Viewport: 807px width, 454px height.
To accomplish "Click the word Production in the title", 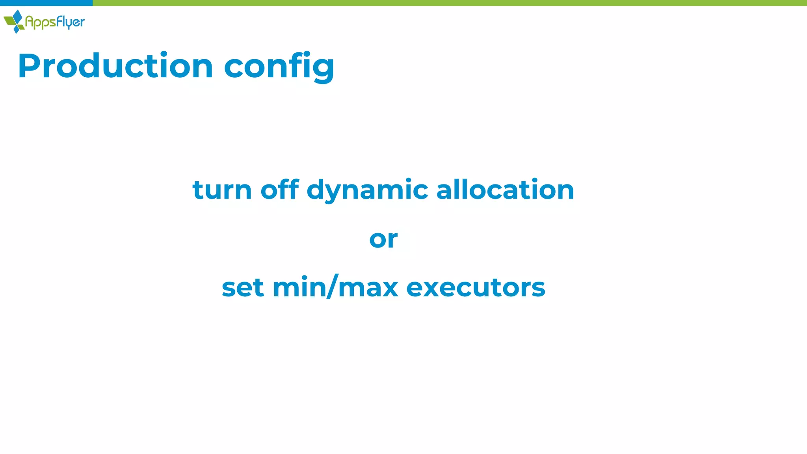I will [x=115, y=66].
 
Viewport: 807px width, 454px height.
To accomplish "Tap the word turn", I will [x=222, y=190].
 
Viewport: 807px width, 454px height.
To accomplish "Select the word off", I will [x=279, y=190].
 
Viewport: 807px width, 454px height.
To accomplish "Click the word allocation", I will [x=505, y=190].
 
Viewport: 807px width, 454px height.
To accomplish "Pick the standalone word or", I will [x=383, y=239].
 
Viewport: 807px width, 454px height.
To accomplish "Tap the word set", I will [x=243, y=288].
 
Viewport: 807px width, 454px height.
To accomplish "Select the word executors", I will [x=476, y=288].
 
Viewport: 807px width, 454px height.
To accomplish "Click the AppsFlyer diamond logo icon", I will [x=14, y=21].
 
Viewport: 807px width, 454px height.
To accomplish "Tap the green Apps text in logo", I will [x=40, y=22].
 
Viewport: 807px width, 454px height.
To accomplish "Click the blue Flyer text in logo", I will [x=70, y=22].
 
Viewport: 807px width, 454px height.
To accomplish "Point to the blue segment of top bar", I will [x=46, y=3].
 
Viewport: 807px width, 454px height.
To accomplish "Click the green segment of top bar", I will [x=449, y=3].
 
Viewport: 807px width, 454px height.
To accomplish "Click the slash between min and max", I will [x=333, y=287].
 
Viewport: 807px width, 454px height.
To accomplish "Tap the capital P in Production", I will [x=30, y=66].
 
